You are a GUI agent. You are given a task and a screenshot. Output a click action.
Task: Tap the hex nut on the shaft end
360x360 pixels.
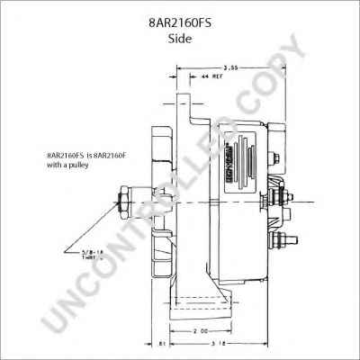tap(123, 202)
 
